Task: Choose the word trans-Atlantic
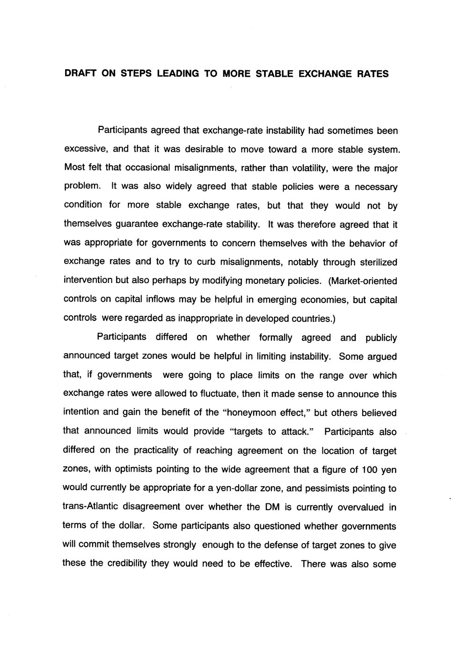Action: click(92, 507)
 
